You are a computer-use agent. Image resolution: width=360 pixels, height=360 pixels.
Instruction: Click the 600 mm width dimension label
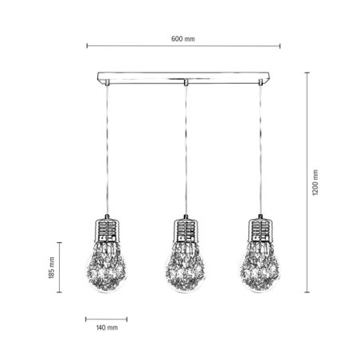(x=183, y=39)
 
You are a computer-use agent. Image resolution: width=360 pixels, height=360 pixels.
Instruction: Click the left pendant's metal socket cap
(x=108, y=230)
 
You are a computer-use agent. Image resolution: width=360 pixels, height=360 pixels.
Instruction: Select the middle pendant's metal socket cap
(x=184, y=230)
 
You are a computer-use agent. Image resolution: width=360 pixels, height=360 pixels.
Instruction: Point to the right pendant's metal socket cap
(x=260, y=230)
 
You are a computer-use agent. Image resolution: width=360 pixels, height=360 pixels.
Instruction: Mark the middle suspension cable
(x=184, y=151)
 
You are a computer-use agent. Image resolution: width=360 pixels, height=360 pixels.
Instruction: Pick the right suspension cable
(x=260, y=151)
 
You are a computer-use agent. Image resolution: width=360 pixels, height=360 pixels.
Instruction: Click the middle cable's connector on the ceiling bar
(x=184, y=82)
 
